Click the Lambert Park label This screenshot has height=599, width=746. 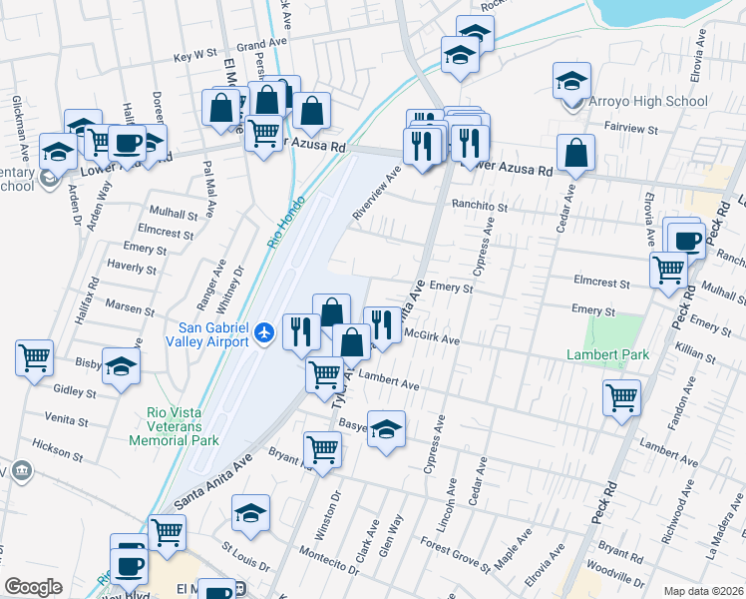coord(607,354)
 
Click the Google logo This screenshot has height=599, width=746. coord(33,587)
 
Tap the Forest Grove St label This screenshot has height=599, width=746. coord(454,555)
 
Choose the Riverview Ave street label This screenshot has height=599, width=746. coord(376,193)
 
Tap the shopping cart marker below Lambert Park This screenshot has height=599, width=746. coord(622,397)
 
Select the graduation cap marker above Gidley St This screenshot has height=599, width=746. coord(121,365)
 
